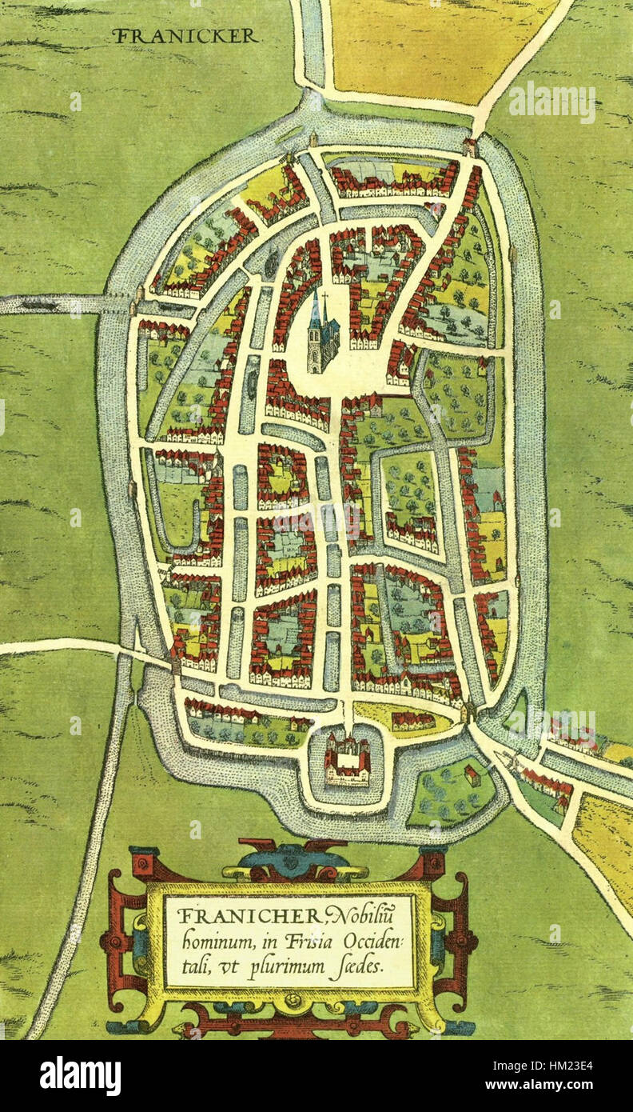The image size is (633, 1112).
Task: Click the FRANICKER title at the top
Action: coord(185,36)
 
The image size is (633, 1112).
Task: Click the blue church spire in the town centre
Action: coord(315,310)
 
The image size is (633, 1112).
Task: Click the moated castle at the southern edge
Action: coord(347,758)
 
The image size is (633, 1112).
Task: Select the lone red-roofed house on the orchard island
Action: coord(472,774)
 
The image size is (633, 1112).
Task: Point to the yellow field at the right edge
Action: coord(606,840)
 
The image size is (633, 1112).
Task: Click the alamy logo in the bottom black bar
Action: coord(80,1076)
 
